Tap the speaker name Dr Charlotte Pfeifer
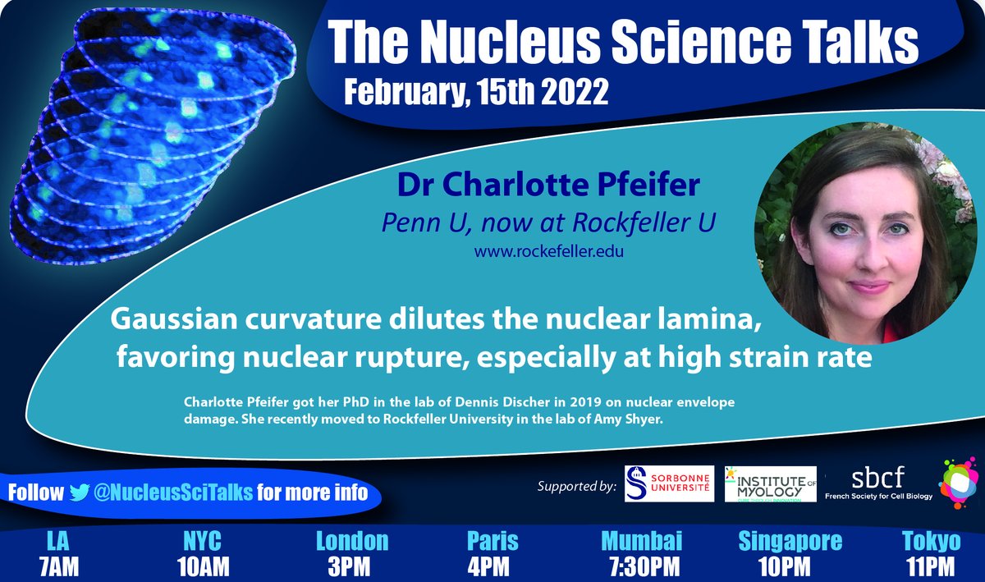coord(549,185)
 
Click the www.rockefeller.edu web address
coord(549,251)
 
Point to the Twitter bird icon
coord(80,492)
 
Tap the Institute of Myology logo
coord(770,484)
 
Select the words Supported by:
coord(577,486)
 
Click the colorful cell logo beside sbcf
coord(958,484)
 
